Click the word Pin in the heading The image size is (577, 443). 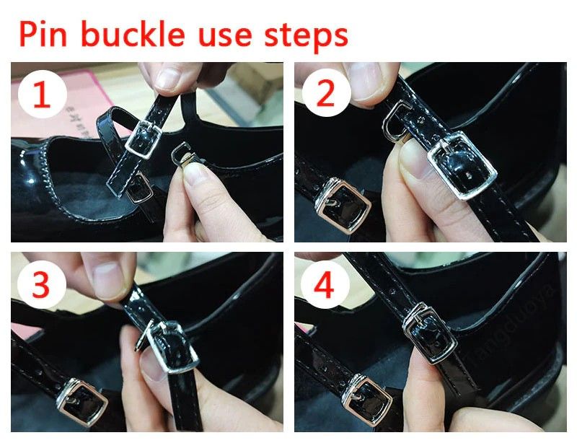click(43, 33)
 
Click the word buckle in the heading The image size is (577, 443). click(133, 33)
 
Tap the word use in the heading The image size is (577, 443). click(225, 36)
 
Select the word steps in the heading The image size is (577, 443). click(306, 36)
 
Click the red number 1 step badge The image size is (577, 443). click(42, 95)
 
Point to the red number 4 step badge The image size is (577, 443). click(325, 284)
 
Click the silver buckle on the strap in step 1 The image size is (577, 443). click(144, 140)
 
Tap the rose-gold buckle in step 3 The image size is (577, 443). click(82, 401)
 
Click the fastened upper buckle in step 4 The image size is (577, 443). click(429, 333)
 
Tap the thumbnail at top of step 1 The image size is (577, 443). click(170, 79)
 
